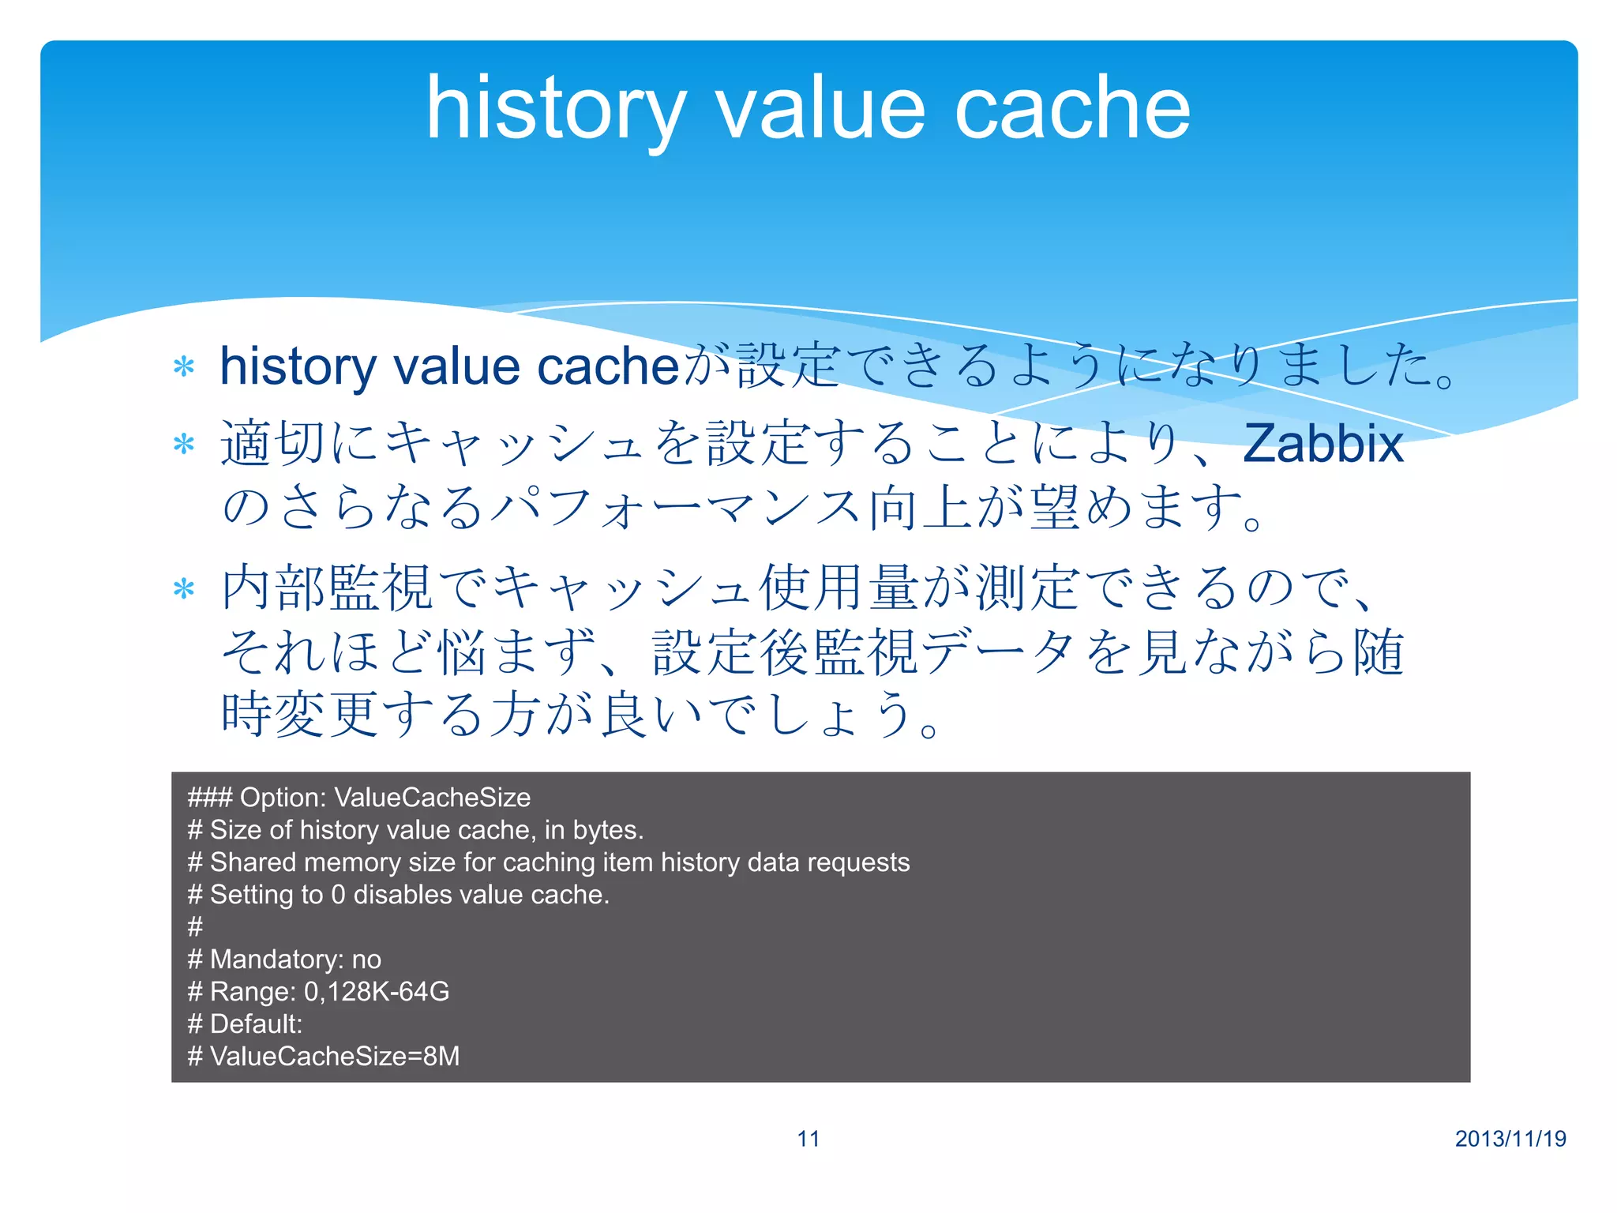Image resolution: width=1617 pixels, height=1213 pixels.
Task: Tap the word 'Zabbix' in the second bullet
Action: click(1322, 444)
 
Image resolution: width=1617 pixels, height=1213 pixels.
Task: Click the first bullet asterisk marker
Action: click(184, 367)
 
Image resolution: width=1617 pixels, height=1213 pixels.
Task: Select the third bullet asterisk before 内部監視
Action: click(184, 589)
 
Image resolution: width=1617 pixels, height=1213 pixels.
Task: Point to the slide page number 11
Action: click(808, 1139)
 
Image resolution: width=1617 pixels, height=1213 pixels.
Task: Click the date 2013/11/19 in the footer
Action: click(1510, 1139)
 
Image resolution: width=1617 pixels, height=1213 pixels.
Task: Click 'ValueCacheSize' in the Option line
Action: click(432, 798)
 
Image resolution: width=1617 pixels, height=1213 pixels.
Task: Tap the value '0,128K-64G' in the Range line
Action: click(377, 991)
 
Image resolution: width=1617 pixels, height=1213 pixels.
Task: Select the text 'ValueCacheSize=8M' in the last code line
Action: click(335, 1056)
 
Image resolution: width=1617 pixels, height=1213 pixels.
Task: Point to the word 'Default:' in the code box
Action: click(257, 1023)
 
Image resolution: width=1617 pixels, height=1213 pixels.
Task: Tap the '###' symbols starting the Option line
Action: click(209, 798)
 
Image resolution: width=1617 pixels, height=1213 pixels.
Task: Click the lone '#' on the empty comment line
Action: click(195, 926)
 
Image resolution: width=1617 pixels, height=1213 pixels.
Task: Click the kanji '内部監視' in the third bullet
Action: click(327, 589)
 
